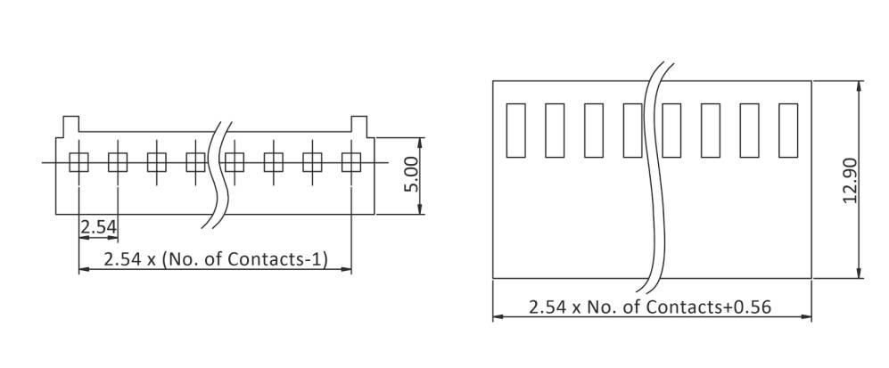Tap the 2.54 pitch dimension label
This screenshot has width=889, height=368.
[x=98, y=228]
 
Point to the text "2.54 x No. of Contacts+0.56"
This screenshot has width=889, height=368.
[x=650, y=307]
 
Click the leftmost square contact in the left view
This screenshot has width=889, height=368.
[x=78, y=162]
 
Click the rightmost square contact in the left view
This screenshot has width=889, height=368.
[x=351, y=162]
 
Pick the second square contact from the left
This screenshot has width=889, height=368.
[x=118, y=162]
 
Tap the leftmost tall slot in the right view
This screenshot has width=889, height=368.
[x=515, y=130]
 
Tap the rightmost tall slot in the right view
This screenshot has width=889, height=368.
[x=788, y=130]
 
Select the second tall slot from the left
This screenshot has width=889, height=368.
[x=555, y=130]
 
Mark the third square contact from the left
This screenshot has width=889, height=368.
[x=157, y=162]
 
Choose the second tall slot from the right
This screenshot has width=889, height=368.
[x=749, y=130]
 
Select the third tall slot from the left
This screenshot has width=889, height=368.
[x=594, y=130]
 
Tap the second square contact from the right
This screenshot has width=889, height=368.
[x=312, y=162]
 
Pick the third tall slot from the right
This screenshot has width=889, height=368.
[x=711, y=130]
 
